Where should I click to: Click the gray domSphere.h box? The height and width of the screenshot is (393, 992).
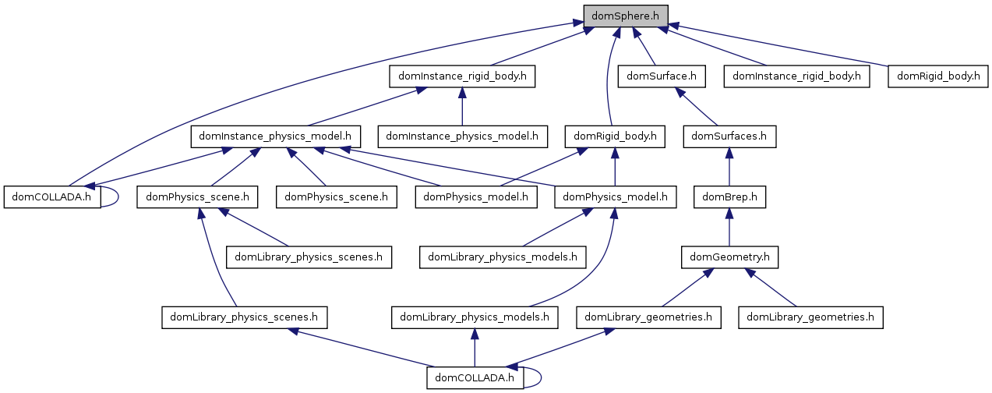[626, 14]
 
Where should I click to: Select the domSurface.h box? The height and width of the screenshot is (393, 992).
[662, 76]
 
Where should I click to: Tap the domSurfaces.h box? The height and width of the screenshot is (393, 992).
[729, 136]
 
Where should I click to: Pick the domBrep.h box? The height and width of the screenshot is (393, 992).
[729, 196]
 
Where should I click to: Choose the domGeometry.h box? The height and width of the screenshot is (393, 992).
[729, 256]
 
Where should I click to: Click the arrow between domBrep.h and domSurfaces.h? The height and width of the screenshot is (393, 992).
[729, 167]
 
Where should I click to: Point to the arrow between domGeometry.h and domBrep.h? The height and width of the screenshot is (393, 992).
[729, 226]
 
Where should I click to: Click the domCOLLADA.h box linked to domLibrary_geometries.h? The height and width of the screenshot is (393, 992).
[475, 378]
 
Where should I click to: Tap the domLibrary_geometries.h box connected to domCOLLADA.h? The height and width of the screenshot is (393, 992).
[648, 317]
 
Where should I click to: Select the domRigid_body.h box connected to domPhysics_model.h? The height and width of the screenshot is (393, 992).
[615, 136]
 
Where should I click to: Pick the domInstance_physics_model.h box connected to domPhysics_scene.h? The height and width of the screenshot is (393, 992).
[275, 136]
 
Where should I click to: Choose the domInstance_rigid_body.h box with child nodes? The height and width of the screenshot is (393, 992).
[462, 76]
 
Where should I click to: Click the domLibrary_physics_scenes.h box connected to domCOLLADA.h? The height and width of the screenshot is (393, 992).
[244, 317]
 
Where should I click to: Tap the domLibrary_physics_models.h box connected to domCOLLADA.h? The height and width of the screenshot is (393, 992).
[475, 317]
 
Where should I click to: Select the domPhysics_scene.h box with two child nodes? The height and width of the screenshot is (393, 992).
[197, 196]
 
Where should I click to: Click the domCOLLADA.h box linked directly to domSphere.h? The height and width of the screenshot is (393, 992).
[52, 196]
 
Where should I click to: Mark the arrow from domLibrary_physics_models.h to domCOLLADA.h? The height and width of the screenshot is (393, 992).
[475, 348]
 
